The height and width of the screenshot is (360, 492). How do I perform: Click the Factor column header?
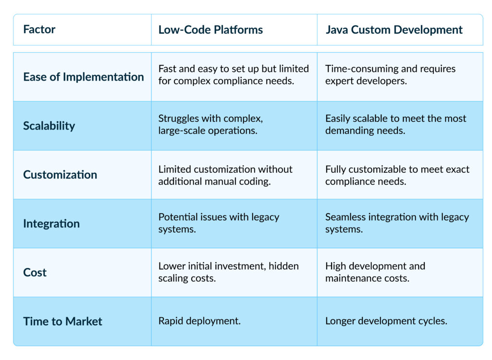coord(39,29)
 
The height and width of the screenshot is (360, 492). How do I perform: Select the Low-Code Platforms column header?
coord(210,30)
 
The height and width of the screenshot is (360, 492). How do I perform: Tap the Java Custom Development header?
coord(394,30)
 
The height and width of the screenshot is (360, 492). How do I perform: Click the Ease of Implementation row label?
coord(84,77)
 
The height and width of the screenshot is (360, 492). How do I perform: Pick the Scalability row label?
coord(49,126)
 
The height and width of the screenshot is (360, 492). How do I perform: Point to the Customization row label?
coord(60,175)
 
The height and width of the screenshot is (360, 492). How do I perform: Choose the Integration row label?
coord(51,224)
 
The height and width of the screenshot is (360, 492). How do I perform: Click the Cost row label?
coord(35,273)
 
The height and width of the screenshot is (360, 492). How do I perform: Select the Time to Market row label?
coord(63,322)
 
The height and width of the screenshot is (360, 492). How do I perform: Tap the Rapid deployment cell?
coord(199,321)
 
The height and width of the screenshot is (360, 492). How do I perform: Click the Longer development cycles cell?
coord(386,321)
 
